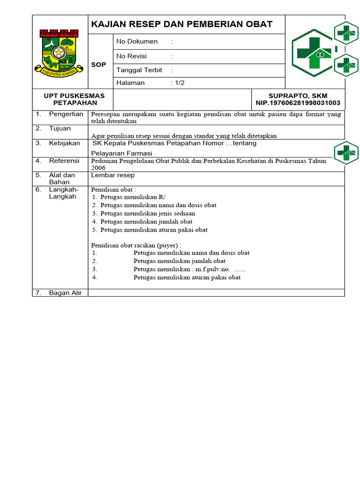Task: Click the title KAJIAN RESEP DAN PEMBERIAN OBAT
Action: tap(181, 24)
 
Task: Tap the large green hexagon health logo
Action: tap(312, 55)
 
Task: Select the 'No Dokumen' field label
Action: tap(137, 42)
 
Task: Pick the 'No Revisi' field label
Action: tap(131, 56)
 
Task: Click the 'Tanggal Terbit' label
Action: tap(139, 70)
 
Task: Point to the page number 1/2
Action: tap(180, 83)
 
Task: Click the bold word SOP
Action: tap(98, 65)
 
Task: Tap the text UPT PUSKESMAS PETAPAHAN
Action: tap(75, 99)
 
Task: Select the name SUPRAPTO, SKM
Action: tap(298, 96)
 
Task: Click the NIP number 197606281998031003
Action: tap(305, 103)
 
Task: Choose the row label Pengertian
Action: tap(66, 114)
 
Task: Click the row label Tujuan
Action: tap(60, 128)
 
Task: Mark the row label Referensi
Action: tap(64, 161)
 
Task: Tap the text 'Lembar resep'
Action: tap(112, 175)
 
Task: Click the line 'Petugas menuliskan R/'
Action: tap(133, 197)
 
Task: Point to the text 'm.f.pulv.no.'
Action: tap(212, 269)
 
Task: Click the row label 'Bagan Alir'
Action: tap(65, 293)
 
